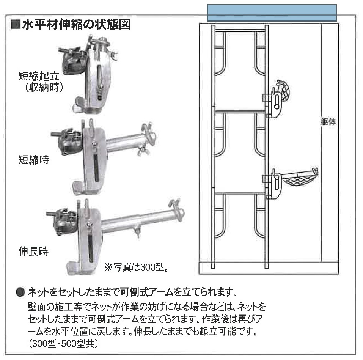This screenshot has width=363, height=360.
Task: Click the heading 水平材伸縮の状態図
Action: [76, 25]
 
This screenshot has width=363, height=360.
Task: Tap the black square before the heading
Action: [16, 25]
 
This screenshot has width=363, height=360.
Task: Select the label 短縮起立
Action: [39, 76]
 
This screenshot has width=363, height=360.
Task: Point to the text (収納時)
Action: [44, 87]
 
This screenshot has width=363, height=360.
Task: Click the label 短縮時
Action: [34, 160]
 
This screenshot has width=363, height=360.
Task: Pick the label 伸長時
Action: [34, 252]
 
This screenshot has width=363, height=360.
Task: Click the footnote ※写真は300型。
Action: [136, 267]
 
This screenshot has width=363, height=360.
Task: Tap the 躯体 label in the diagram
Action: [328, 121]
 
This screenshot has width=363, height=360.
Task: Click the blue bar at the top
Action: [272, 13]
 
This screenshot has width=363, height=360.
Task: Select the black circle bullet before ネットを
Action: [20, 292]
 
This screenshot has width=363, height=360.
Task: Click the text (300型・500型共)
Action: [63, 343]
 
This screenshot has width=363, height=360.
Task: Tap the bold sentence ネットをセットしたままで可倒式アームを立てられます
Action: [132, 292]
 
